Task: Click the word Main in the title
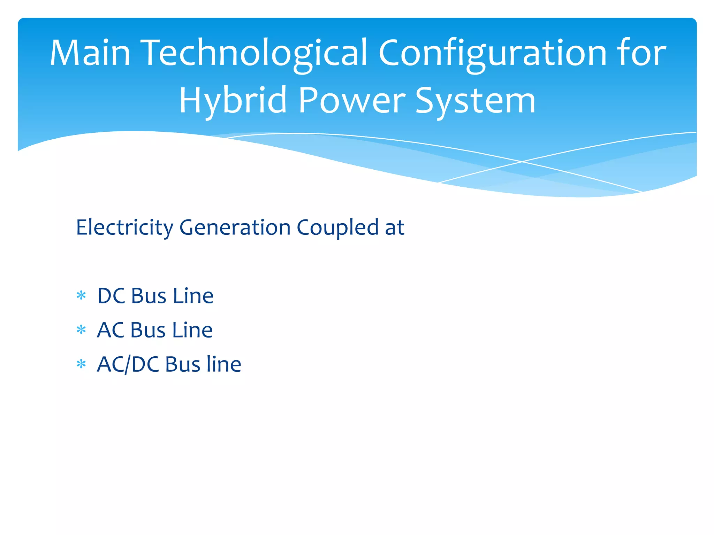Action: pyautogui.click(x=90, y=53)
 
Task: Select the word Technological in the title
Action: pyautogui.click(x=254, y=53)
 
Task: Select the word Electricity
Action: pyautogui.click(x=124, y=228)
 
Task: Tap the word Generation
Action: pyautogui.click(x=235, y=228)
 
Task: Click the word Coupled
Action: pyautogui.click(x=337, y=228)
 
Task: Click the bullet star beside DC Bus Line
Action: pyautogui.click(x=81, y=296)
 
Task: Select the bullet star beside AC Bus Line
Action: pyautogui.click(x=81, y=329)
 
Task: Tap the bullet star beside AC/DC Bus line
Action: pyautogui.click(x=81, y=364)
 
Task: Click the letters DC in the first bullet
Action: pyautogui.click(x=111, y=296)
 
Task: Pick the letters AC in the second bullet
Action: pyautogui.click(x=111, y=330)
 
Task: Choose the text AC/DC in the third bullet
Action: pyautogui.click(x=128, y=365)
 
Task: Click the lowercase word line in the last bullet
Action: pyautogui.click(x=223, y=364)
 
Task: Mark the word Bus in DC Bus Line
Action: pyautogui.click(x=149, y=296)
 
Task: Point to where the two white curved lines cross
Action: pyautogui.click(x=522, y=162)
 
